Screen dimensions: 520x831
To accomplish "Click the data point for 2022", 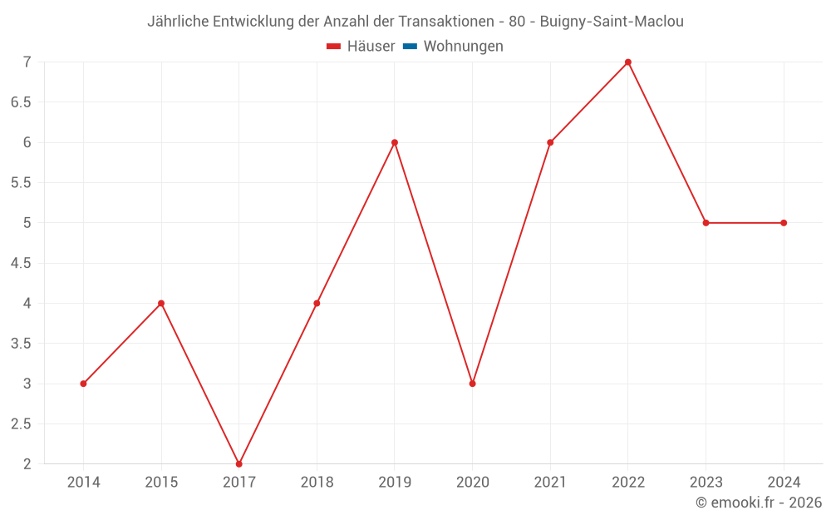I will (x=628, y=62).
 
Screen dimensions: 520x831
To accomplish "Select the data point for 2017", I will (x=239, y=463).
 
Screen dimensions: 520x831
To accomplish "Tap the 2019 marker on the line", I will (x=395, y=142).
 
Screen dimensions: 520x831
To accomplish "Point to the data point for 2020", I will (x=472, y=384).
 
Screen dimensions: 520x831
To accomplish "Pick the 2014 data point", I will (x=83, y=384).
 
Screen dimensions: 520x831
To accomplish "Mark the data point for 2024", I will (x=784, y=223).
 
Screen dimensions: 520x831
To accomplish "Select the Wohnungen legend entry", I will (x=463, y=47).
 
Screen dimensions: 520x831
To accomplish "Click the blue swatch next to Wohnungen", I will (x=410, y=47).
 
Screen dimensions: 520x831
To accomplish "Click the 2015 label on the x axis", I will (x=161, y=483).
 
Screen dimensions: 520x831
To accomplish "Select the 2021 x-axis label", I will (x=550, y=483).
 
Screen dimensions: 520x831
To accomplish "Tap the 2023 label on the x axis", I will (x=706, y=483).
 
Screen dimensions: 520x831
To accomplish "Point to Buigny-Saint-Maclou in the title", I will (x=612, y=22).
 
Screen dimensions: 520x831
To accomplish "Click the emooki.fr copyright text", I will (x=759, y=503).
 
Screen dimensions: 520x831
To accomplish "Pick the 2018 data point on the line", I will (x=317, y=303).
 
